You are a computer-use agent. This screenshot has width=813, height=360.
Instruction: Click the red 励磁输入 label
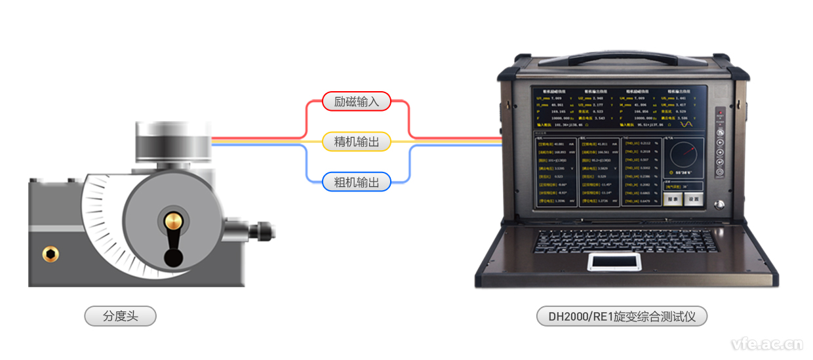(357, 102)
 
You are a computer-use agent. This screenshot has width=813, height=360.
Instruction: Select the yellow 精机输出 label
(357, 142)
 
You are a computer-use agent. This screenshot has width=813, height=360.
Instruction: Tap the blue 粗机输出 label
(357, 182)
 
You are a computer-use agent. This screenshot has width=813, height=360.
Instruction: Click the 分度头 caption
(121, 316)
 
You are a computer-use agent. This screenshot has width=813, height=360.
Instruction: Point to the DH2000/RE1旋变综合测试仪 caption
(622, 317)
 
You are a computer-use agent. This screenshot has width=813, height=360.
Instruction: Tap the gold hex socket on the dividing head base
(49, 253)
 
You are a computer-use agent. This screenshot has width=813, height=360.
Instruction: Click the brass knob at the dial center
(173, 220)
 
